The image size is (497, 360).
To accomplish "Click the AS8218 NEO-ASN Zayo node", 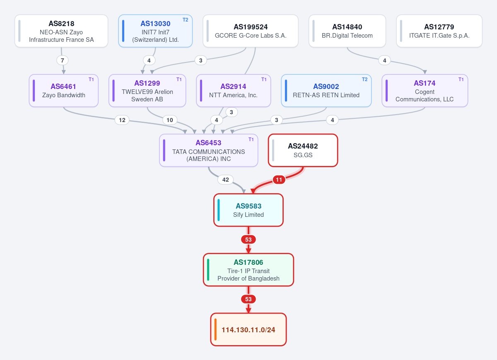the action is pyautogui.click(x=61, y=31).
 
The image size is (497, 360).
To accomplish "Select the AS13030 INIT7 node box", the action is pyautogui.click(x=155, y=31).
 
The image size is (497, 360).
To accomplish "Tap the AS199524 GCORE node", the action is pyautogui.click(x=251, y=31).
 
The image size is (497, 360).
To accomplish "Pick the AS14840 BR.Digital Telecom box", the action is pyautogui.click(x=347, y=31).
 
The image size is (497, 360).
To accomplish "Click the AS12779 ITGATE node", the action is pyautogui.click(x=439, y=31).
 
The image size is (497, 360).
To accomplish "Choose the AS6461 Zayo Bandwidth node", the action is pyautogui.click(x=64, y=91).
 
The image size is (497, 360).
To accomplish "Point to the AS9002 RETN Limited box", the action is pyautogui.click(x=326, y=91).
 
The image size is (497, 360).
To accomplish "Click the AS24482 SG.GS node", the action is pyautogui.click(x=303, y=150).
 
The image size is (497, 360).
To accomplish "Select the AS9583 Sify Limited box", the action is pyautogui.click(x=248, y=210).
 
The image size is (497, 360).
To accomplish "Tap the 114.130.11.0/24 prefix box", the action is pyautogui.click(x=248, y=329).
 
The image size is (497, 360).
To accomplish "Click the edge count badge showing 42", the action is pyautogui.click(x=225, y=180).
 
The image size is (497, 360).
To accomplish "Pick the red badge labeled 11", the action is pyautogui.click(x=279, y=180).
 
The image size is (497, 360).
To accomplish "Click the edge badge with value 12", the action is pyautogui.click(x=122, y=120).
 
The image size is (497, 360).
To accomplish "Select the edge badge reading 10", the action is pyautogui.click(x=170, y=120).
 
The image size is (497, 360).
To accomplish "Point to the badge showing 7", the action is pyautogui.click(x=63, y=60).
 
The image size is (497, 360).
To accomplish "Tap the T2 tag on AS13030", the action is pyautogui.click(x=185, y=20).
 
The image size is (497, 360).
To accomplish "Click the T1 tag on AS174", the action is pyautogui.click(x=461, y=79).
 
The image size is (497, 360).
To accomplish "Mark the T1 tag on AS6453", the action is pyautogui.click(x=251, y=139).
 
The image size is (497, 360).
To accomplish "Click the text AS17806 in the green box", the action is pyautogui.click(x=248, y=262).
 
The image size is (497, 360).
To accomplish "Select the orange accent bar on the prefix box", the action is pyautogui.click(x=215, y=329).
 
